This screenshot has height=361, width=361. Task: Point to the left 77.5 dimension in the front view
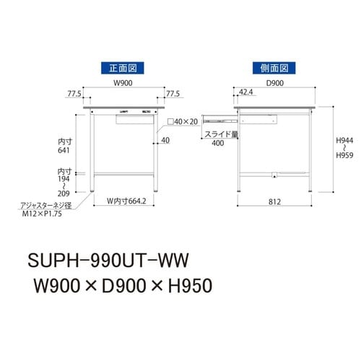pyautogui.click(x=72, y=94)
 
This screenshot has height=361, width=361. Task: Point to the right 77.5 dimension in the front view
pyautogui.click(x=172, y=94)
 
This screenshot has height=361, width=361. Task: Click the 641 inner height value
pyautogui.click(x=65, y=152)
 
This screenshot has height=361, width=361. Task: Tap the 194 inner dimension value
pyautogui.click(x=65, y=180)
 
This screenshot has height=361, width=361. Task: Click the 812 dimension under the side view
pyautogui.click(x=275, y=202)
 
